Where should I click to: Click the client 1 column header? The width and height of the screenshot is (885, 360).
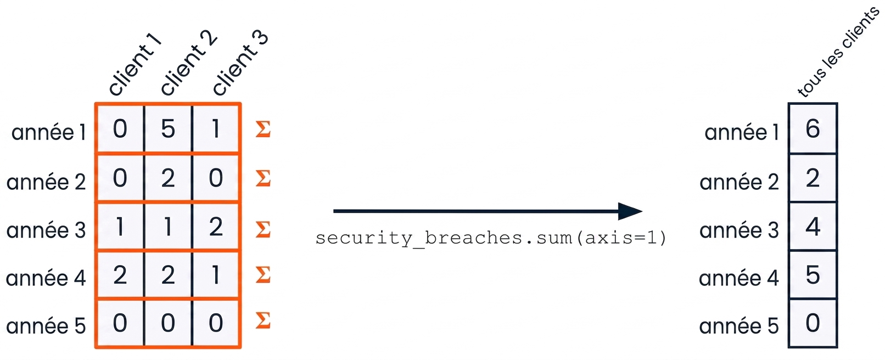(x=135, y=65)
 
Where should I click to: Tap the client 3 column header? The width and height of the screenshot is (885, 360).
(x=240, y=63)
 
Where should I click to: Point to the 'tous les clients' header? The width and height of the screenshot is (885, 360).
(x=838, y=52)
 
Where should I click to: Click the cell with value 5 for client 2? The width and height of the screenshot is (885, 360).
(x=168, y=128)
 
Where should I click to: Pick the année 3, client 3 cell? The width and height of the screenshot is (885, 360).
(x=216, y=227)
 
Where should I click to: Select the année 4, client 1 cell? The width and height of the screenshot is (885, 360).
(x=120, y=275)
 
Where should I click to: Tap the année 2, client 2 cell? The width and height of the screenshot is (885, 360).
(x=168, y=178)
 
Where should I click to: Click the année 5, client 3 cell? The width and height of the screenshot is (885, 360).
(x=216, y=323)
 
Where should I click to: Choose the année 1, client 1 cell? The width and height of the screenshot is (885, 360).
(x=120, y=128)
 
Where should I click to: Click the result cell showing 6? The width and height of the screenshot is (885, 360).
(x=813, y=128)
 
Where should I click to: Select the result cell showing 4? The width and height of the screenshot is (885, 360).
(x=813, y=227)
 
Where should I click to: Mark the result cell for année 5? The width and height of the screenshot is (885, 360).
(x=813, y=323)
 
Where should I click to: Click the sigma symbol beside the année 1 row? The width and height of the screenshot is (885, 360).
(x=263, y=129)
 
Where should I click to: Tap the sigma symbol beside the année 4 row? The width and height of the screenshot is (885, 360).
(x=263, y=275)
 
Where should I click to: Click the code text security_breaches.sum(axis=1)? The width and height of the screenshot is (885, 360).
(x=491, y=238)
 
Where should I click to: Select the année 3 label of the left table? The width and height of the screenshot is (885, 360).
(x=46, y=230)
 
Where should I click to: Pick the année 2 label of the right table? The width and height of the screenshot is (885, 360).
(x=739, y=182)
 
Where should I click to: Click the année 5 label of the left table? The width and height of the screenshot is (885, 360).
(x=46, y=326)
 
